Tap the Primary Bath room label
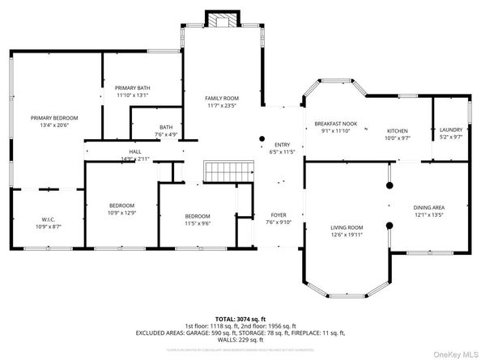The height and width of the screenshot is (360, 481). point(132,88)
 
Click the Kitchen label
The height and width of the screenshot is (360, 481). point(397,131)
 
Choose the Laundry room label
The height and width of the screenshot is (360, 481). point(450,131)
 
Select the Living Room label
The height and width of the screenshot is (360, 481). point(346,229)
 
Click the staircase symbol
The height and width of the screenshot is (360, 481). point(219,172)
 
